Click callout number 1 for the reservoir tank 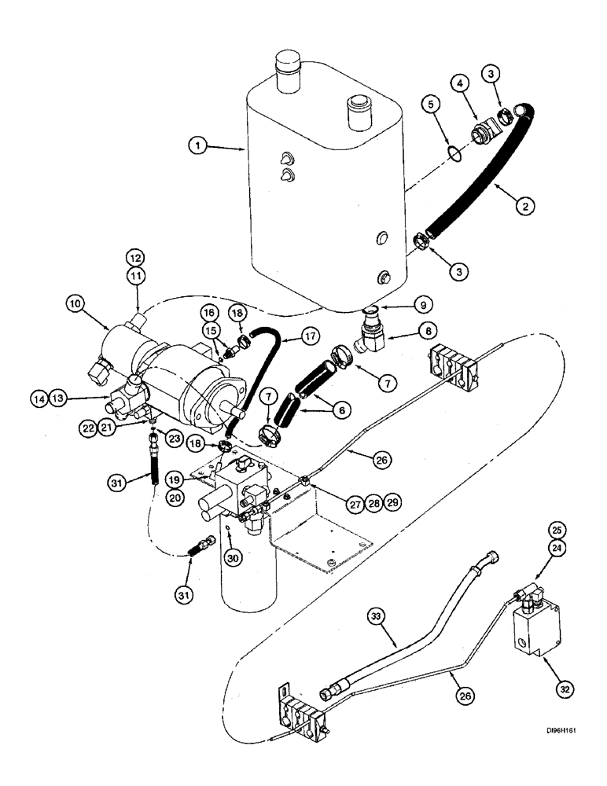click(x=200, y=146)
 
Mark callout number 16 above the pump click(x=209, y=311)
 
